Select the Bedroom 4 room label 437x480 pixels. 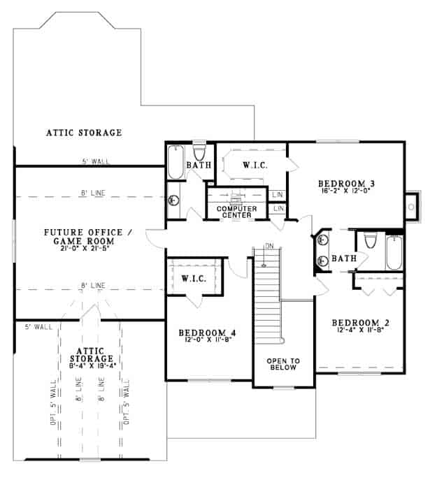click(x=206, y=333)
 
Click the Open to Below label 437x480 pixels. click(x=283, y=365)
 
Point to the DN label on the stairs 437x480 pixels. click(x=268, y=245)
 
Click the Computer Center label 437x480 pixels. click(x=236, y=212)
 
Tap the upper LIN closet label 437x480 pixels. click(x=278, y=194)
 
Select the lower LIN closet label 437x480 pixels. click(x=278, y=208)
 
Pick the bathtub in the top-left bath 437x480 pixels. click(x=175, y=162)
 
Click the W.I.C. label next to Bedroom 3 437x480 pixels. click(x=252, y=166)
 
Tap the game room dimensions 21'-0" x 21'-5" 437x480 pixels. click(x=83, y=248)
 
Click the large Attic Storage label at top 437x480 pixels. click(x=84, y=132)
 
